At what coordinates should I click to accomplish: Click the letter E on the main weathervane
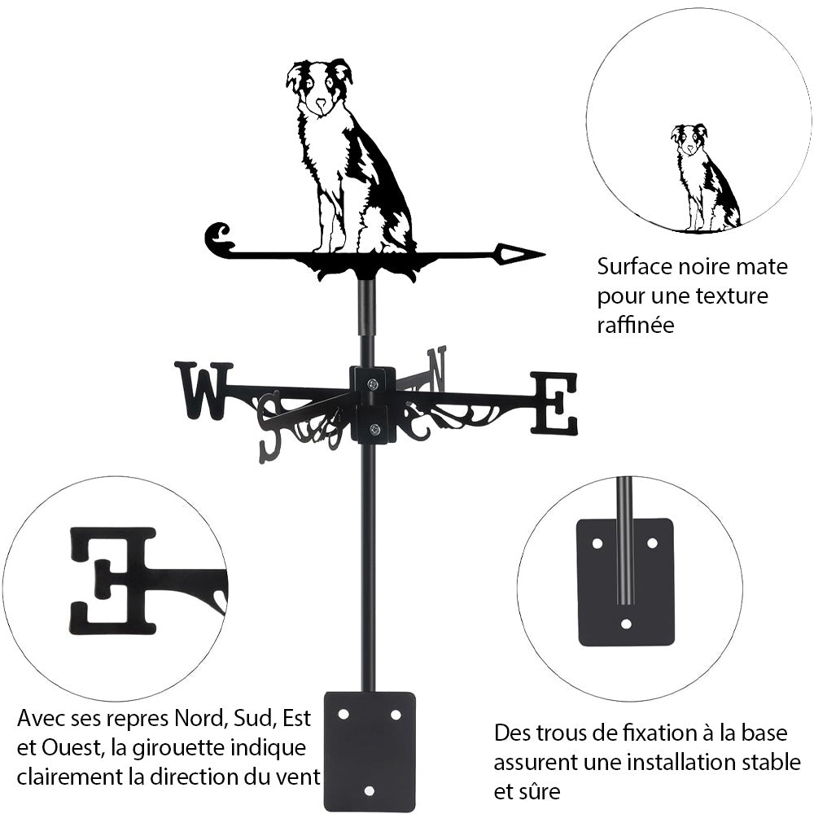[x=554, y=403]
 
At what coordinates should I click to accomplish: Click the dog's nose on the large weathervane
[x=321, y=103]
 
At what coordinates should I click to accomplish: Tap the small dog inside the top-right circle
[x=703, y=177]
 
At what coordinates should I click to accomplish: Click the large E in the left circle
[x=112, y=580]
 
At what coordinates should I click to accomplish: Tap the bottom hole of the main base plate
[x=370, y=790]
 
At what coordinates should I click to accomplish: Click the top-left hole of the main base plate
[x=344, y=714]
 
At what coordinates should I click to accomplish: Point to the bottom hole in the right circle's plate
[x=625, y=624]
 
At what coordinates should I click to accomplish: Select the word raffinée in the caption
[x=636, y=325]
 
